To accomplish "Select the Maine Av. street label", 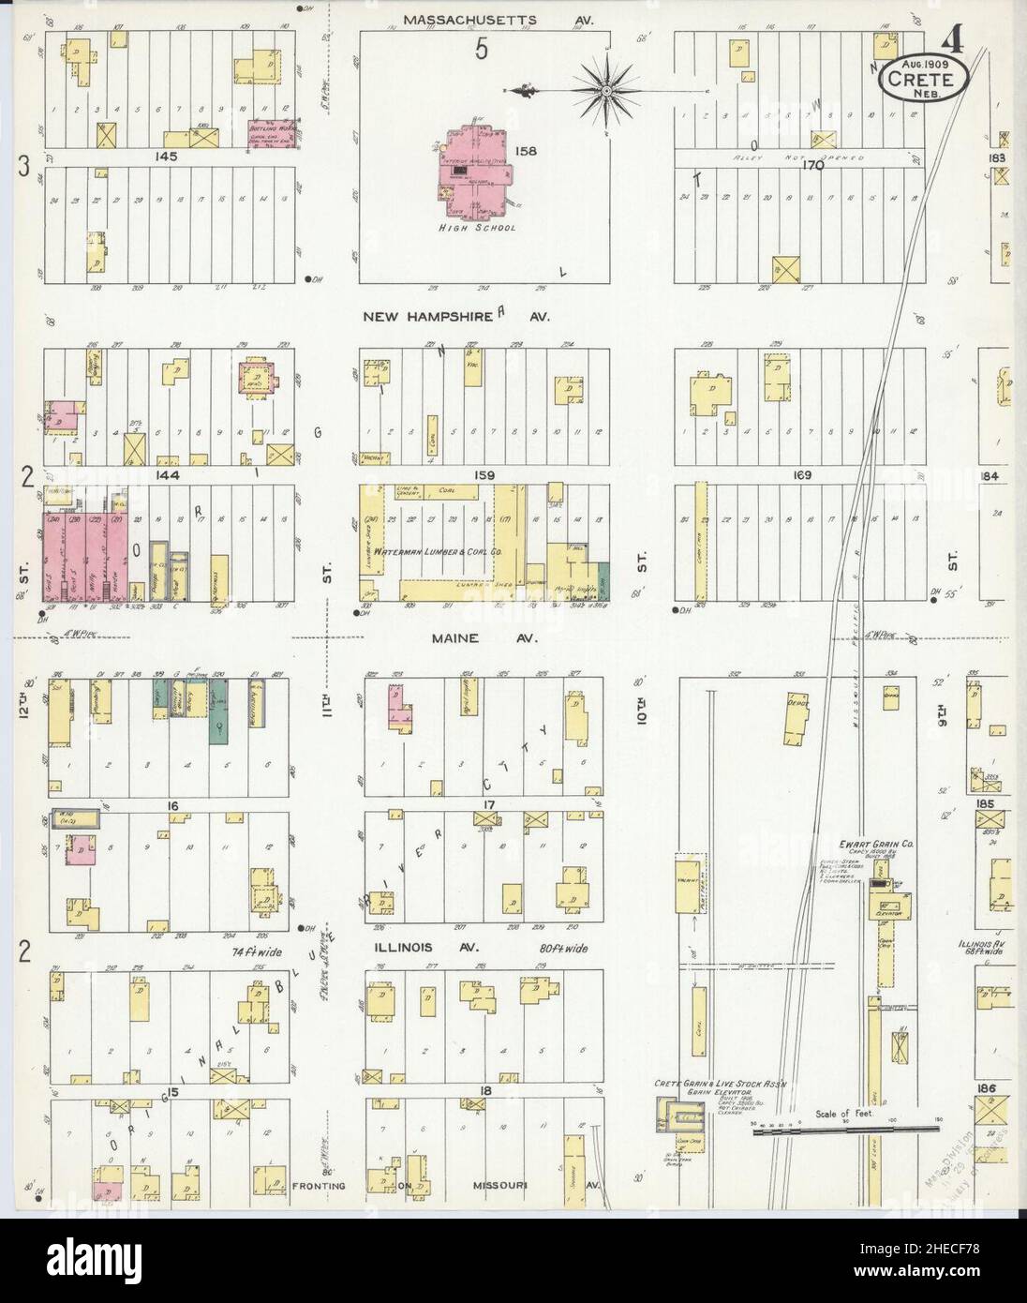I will click(x=482, y=638).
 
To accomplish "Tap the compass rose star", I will click(x=605, y=90).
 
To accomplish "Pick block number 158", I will click(x=525, y=150).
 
